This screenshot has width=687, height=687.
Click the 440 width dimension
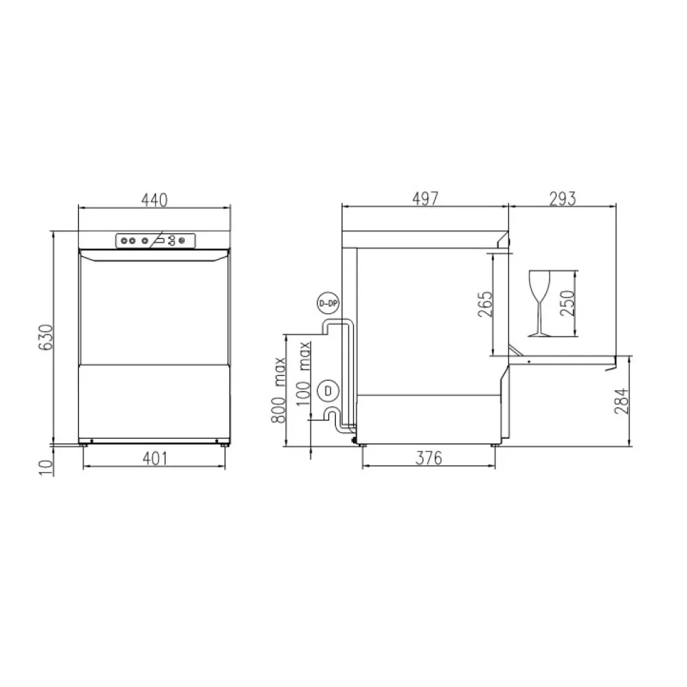[x=154, y=199]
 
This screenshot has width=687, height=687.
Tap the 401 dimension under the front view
[x=154, y=459]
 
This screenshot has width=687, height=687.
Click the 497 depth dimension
[x=425, y=199]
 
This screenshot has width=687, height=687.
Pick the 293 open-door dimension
[x=562, y=199]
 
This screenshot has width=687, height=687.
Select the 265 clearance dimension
[x=485, y=304]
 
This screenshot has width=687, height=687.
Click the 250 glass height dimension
[x=567, y=303]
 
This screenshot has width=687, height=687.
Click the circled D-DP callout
[x=328, y=304]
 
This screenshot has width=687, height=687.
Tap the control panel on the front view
[x=155, y=240]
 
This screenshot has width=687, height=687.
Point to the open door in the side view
[x=563, y=359]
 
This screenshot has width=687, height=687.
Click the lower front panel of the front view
[x=154, y=401]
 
